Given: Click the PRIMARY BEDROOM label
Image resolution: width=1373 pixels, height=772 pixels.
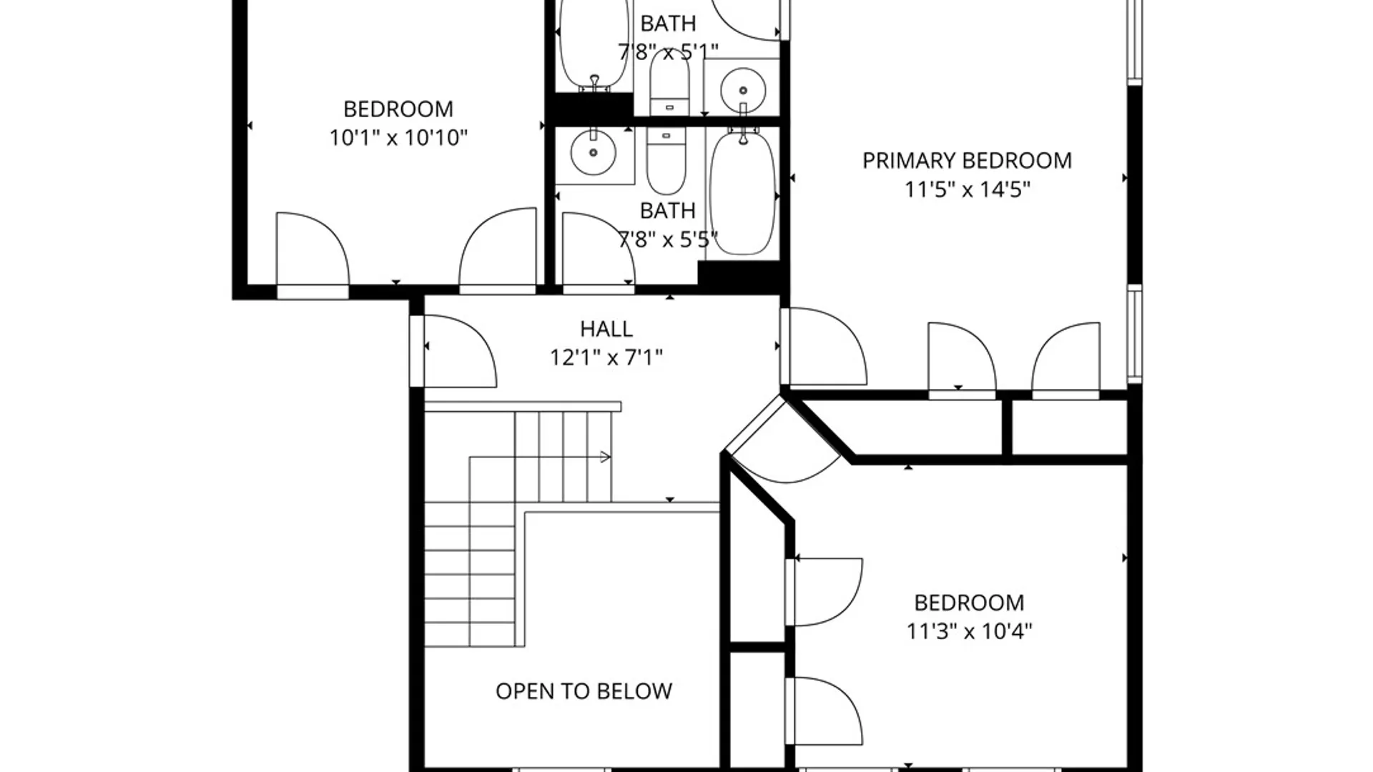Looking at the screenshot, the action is [x=967, y=161].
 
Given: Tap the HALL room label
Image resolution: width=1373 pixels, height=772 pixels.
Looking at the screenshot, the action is [x=606, y=329].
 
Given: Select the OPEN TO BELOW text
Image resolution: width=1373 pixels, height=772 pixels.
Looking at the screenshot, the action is [x=584, y=691].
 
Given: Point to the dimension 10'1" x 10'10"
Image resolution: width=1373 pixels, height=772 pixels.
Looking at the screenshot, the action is [x=398, y=137].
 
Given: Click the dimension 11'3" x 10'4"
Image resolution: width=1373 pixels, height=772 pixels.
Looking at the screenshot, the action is [x=969, y=632].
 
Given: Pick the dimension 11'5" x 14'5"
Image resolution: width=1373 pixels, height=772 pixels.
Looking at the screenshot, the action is [x=967, y=190].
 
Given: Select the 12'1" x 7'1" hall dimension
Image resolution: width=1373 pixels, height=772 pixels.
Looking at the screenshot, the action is [x=606, y=357].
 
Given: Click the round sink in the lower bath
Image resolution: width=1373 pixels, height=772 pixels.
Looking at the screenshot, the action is [x=593, y=152].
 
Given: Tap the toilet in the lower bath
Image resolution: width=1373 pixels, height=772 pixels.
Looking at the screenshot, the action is [x=666, y=159].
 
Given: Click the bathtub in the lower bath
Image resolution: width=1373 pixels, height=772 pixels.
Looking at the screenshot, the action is [x=742, y=192].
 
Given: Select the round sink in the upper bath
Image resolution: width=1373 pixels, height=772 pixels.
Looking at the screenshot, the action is [x=743, y=91].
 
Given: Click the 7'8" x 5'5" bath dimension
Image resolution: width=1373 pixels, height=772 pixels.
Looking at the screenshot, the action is [x=668, y=239].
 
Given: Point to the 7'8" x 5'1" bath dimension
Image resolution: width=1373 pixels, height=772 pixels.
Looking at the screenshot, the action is [x=668, y=52].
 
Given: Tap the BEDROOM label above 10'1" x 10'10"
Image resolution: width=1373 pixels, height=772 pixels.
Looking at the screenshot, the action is [x=398, y=109].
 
